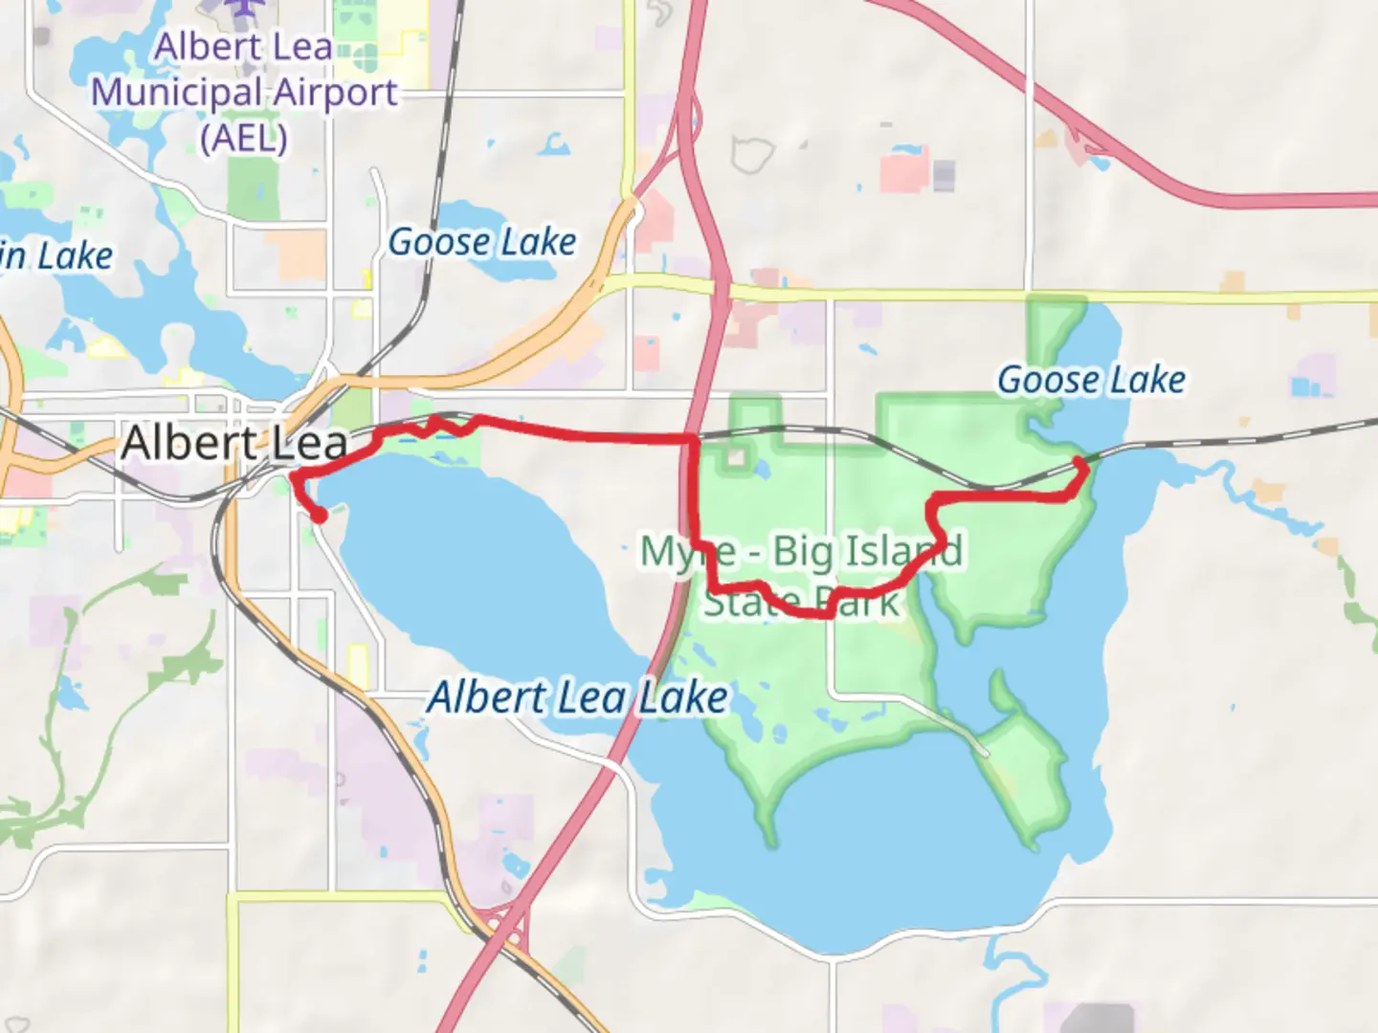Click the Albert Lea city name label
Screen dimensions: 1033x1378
tap(234, 443)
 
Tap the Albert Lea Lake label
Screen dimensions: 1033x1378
tap(577, 696)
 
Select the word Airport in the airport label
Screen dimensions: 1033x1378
tap(334, 93)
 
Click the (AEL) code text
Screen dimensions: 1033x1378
tap(244, 138)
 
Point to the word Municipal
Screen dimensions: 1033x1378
tap(176, 93)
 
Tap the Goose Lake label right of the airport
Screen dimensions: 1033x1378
tap(482, 242)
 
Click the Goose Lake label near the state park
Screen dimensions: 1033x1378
tap(1091, 380)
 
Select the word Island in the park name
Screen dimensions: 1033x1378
tap(904, 551)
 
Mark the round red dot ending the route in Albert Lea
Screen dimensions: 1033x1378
tap(319, 516)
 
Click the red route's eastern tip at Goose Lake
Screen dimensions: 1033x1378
tap(1080, 463)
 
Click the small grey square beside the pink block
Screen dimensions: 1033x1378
tap(944, 175)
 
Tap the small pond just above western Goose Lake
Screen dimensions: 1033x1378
tap(554, 145)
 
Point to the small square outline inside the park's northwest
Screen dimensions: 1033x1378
tap(735, 457)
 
